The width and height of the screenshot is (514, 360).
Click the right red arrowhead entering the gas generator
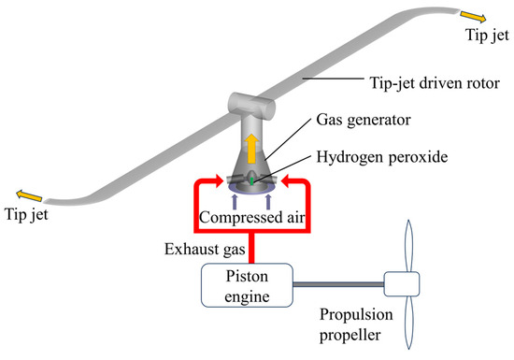click(283, 177)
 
